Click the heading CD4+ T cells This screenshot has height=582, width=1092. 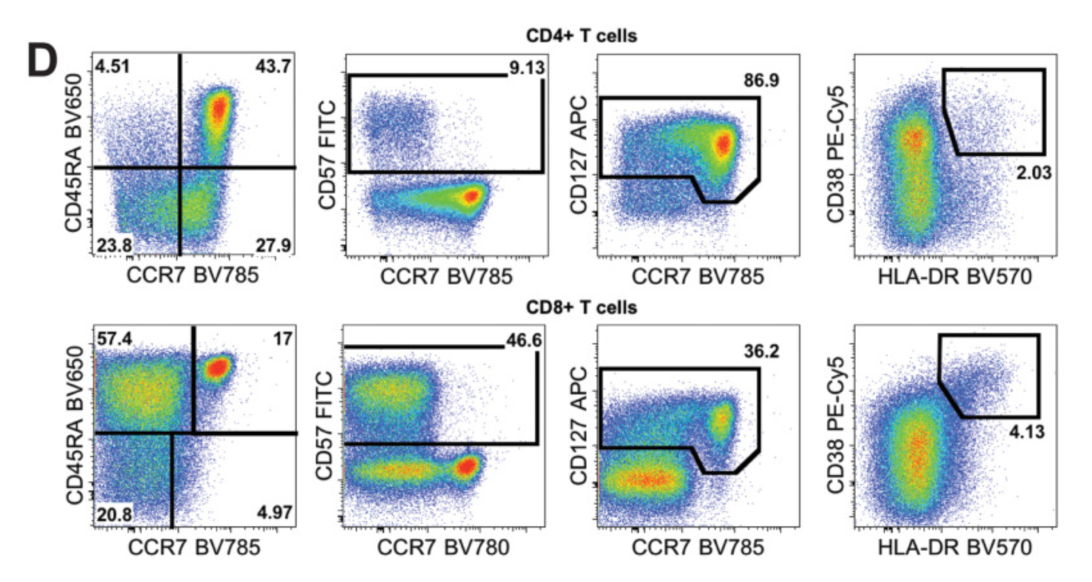581,35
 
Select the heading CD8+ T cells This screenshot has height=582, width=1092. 581,307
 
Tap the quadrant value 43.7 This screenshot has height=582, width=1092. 273,66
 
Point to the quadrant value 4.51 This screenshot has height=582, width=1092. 113,66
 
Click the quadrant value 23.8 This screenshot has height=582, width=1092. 115,245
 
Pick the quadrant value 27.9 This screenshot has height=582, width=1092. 274,245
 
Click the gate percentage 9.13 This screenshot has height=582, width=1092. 527,68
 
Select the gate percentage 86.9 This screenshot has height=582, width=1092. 761,81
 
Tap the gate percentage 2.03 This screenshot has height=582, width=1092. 1034,173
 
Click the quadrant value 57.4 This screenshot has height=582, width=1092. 115,338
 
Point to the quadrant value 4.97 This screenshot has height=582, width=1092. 274,513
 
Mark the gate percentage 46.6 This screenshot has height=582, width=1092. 524,341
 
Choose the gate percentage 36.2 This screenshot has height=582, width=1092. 761,352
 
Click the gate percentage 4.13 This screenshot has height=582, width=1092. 1027,432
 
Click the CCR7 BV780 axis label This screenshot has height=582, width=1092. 443,547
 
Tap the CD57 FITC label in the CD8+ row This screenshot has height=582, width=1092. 326,426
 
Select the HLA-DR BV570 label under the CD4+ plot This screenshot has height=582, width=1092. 955,277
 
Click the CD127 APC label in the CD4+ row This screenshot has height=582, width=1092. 579,155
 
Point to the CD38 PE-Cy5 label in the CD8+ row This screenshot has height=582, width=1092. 835,426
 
